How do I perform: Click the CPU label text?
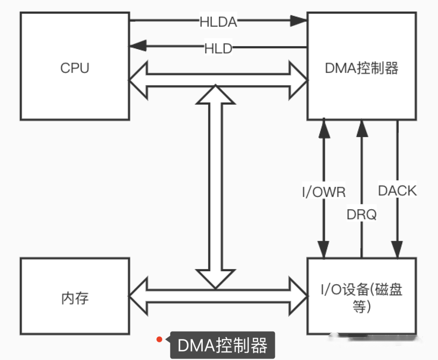(x=75, y=68)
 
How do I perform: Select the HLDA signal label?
(x=218, y=22)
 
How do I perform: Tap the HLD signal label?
(x=218, y=49)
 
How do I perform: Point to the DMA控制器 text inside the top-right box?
(x=361, y=68)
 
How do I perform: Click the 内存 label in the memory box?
(x=75, y=298)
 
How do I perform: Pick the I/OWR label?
(x=324, y=192)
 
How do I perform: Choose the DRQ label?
(x=361, y=214)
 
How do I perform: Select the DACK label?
(x=397, y=191)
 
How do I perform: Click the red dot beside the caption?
(x=159, y=339)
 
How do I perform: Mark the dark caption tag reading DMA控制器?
(x=222, y=345)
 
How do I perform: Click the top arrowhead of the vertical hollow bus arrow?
(x=215, y=94)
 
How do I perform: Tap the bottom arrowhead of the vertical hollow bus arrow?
(x=215, y=279)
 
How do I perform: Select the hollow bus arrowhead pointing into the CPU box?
(x=138, y=80)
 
